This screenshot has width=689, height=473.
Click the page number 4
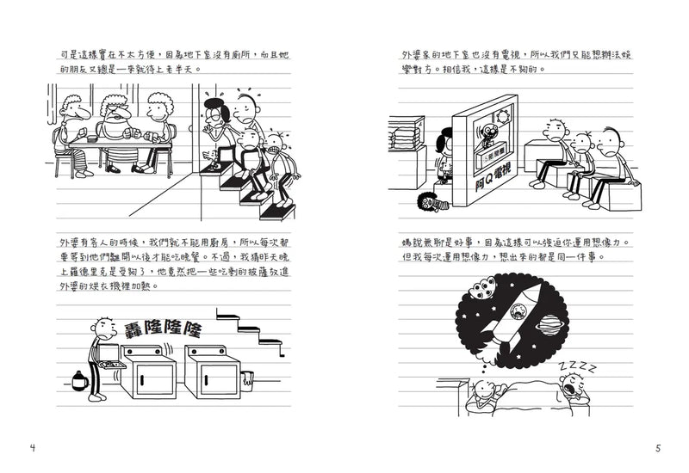coord(32,447)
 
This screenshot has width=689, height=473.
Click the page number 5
coord(656,447)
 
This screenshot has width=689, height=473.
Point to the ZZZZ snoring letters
coord(576,370)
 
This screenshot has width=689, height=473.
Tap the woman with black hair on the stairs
coord(214,116)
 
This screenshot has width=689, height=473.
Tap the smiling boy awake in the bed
coord(480,396)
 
